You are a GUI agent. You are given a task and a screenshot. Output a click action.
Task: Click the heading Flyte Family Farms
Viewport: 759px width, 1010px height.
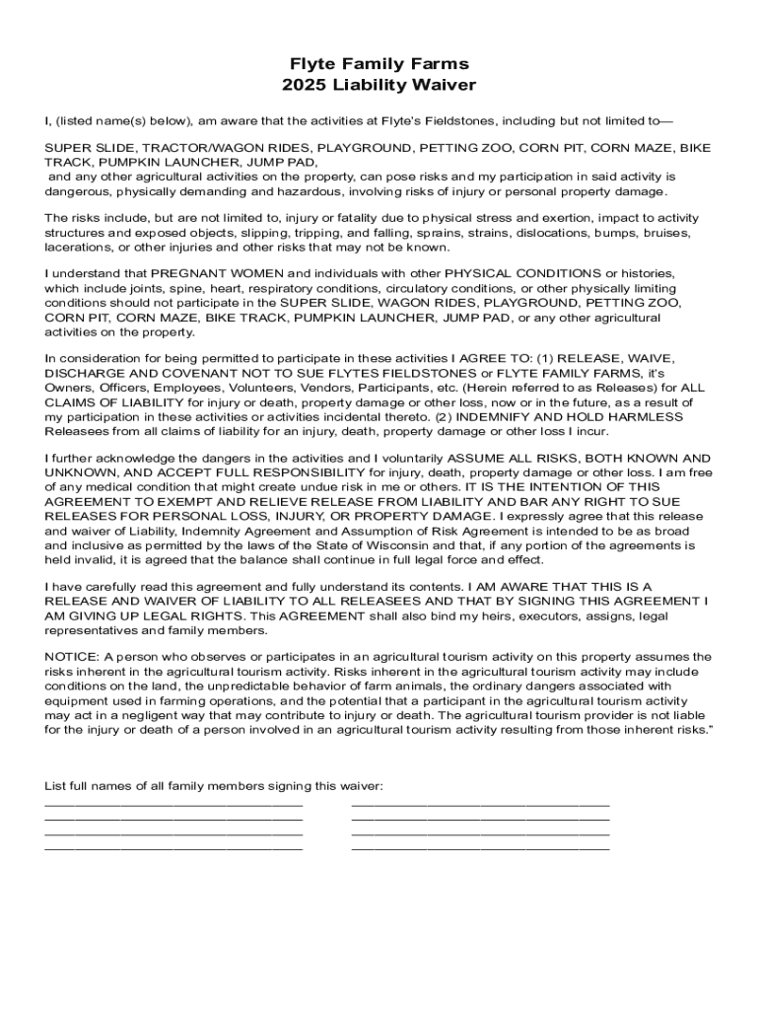(x=379, y=65)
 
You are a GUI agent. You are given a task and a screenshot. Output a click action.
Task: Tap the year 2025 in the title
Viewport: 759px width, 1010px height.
(x=303, y=86)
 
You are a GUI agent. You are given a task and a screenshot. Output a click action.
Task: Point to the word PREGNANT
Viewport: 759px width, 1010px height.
(x=191, y=272)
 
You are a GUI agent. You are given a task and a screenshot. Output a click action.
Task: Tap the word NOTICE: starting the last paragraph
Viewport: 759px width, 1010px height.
(x=72, y=657)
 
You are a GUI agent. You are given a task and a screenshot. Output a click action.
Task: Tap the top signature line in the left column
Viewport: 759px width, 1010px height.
(x=173, y=806)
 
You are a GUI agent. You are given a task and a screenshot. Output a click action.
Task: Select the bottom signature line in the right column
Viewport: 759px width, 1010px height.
(x=480, y=847)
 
